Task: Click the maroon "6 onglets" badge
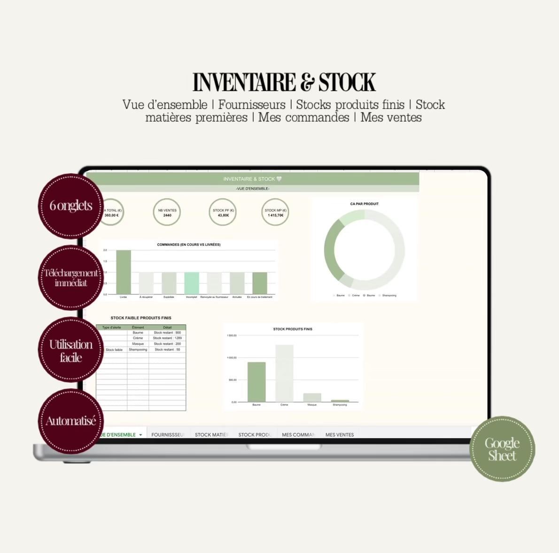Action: pos(70,206)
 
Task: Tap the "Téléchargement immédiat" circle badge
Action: pos(70,277)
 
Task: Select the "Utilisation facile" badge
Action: pos(70,350)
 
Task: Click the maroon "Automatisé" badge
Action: pos(70,421)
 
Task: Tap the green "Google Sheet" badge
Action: pos(502,449)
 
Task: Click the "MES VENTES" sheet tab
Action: pos(340,435)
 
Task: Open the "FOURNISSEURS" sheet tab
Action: pos(168,435)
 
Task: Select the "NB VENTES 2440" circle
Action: pos(167,213)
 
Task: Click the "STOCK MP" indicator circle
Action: pos(275,213)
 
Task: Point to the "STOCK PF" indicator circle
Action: pos(223,213)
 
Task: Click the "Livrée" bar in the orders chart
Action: pos(124,272)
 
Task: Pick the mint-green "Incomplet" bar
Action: pos(192,283)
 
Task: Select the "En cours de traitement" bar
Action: pos(260,283)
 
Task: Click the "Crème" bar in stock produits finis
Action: pos(284,373)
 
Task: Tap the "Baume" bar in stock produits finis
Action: pos(256,382)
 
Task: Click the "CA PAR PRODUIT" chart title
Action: pos(364,204)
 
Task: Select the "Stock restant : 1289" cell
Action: pos(167,338)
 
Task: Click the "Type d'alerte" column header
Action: pos(112,327)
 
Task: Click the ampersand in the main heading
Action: pos(307,83)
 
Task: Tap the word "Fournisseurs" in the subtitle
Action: pos(252,105)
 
